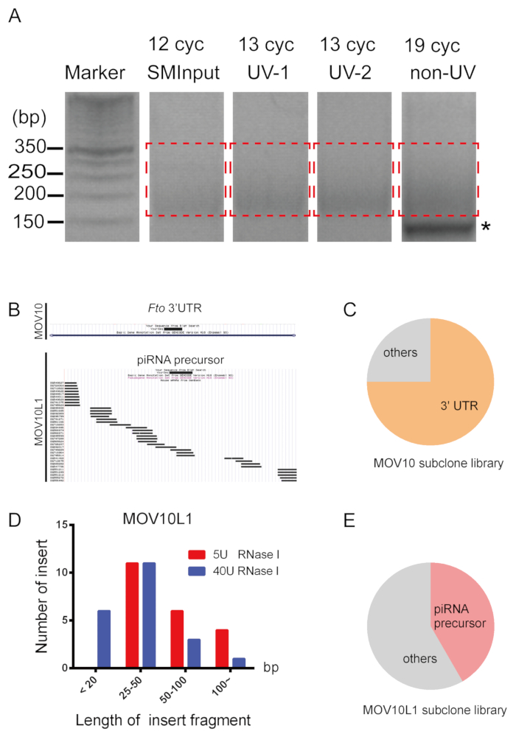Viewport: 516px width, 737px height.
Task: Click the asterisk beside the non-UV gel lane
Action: pos(485,227)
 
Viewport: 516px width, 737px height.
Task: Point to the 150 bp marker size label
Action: pos(29,220)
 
